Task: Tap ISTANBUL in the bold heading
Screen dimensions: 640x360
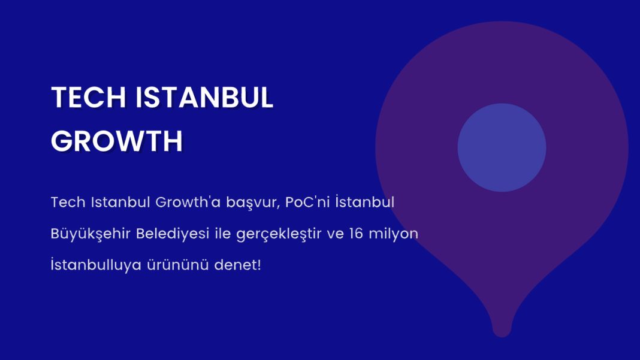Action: pos(204,97)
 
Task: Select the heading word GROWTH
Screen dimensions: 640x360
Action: pos(117,141)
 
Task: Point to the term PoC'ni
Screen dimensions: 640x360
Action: pos(307,202)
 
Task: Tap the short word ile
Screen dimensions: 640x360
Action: pos(223,234)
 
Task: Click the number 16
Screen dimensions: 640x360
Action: pos(356,234)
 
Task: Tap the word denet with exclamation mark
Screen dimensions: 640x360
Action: pos(237,265)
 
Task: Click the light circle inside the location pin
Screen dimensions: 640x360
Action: pos(502,147)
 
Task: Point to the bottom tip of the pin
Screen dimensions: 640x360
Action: pos(502,337)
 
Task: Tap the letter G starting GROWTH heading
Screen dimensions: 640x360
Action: pos(61,141)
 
